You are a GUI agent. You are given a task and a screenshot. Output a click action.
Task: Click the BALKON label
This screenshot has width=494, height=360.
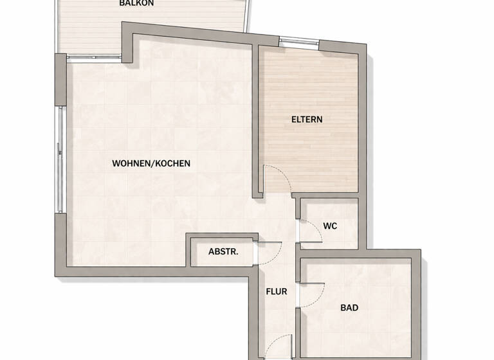click(136, 3)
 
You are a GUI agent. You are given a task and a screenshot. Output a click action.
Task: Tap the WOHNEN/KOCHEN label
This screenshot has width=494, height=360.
click(151, 163)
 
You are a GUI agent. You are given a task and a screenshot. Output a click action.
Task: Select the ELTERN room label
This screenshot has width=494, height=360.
click(307, 120)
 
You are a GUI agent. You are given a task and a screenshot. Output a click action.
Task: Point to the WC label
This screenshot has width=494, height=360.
click(330, 226)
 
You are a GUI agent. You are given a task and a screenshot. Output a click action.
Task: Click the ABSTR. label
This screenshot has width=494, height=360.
click(223, 252)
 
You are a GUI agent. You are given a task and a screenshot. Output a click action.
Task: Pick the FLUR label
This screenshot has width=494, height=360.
click(277, 291)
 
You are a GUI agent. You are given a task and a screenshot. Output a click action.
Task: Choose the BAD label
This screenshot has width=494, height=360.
click(349, 308)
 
